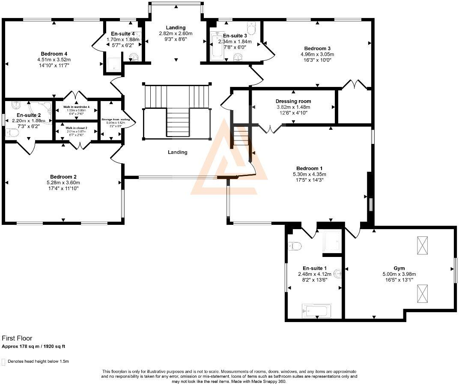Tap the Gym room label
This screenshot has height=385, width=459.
(399, 268)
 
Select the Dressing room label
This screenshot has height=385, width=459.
(293, 101)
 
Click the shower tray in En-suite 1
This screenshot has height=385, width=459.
(332, 242)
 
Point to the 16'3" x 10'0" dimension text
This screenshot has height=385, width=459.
(317, 60)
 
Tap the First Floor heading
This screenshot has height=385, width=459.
(17, 338)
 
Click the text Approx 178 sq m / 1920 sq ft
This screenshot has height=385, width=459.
(33, 346)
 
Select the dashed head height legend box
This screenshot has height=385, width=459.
(4, 361)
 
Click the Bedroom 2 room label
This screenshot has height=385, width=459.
(63, 176)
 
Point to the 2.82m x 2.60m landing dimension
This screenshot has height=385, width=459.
(176, 33)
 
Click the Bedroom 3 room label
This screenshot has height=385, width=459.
(317, 48)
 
